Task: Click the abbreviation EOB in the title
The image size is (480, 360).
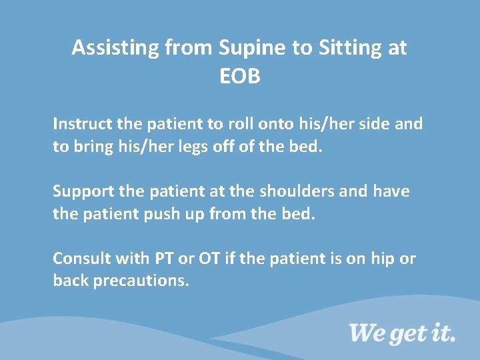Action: (x=239, y=77)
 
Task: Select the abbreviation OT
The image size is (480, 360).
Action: (x=209, y=258)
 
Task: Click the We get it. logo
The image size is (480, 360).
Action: (x=402, y=333)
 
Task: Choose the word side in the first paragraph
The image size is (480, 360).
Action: (x=374, y=124)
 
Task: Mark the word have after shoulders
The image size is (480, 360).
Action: (x=391, y=192)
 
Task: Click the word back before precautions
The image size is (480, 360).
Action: (x=71, y=281)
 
